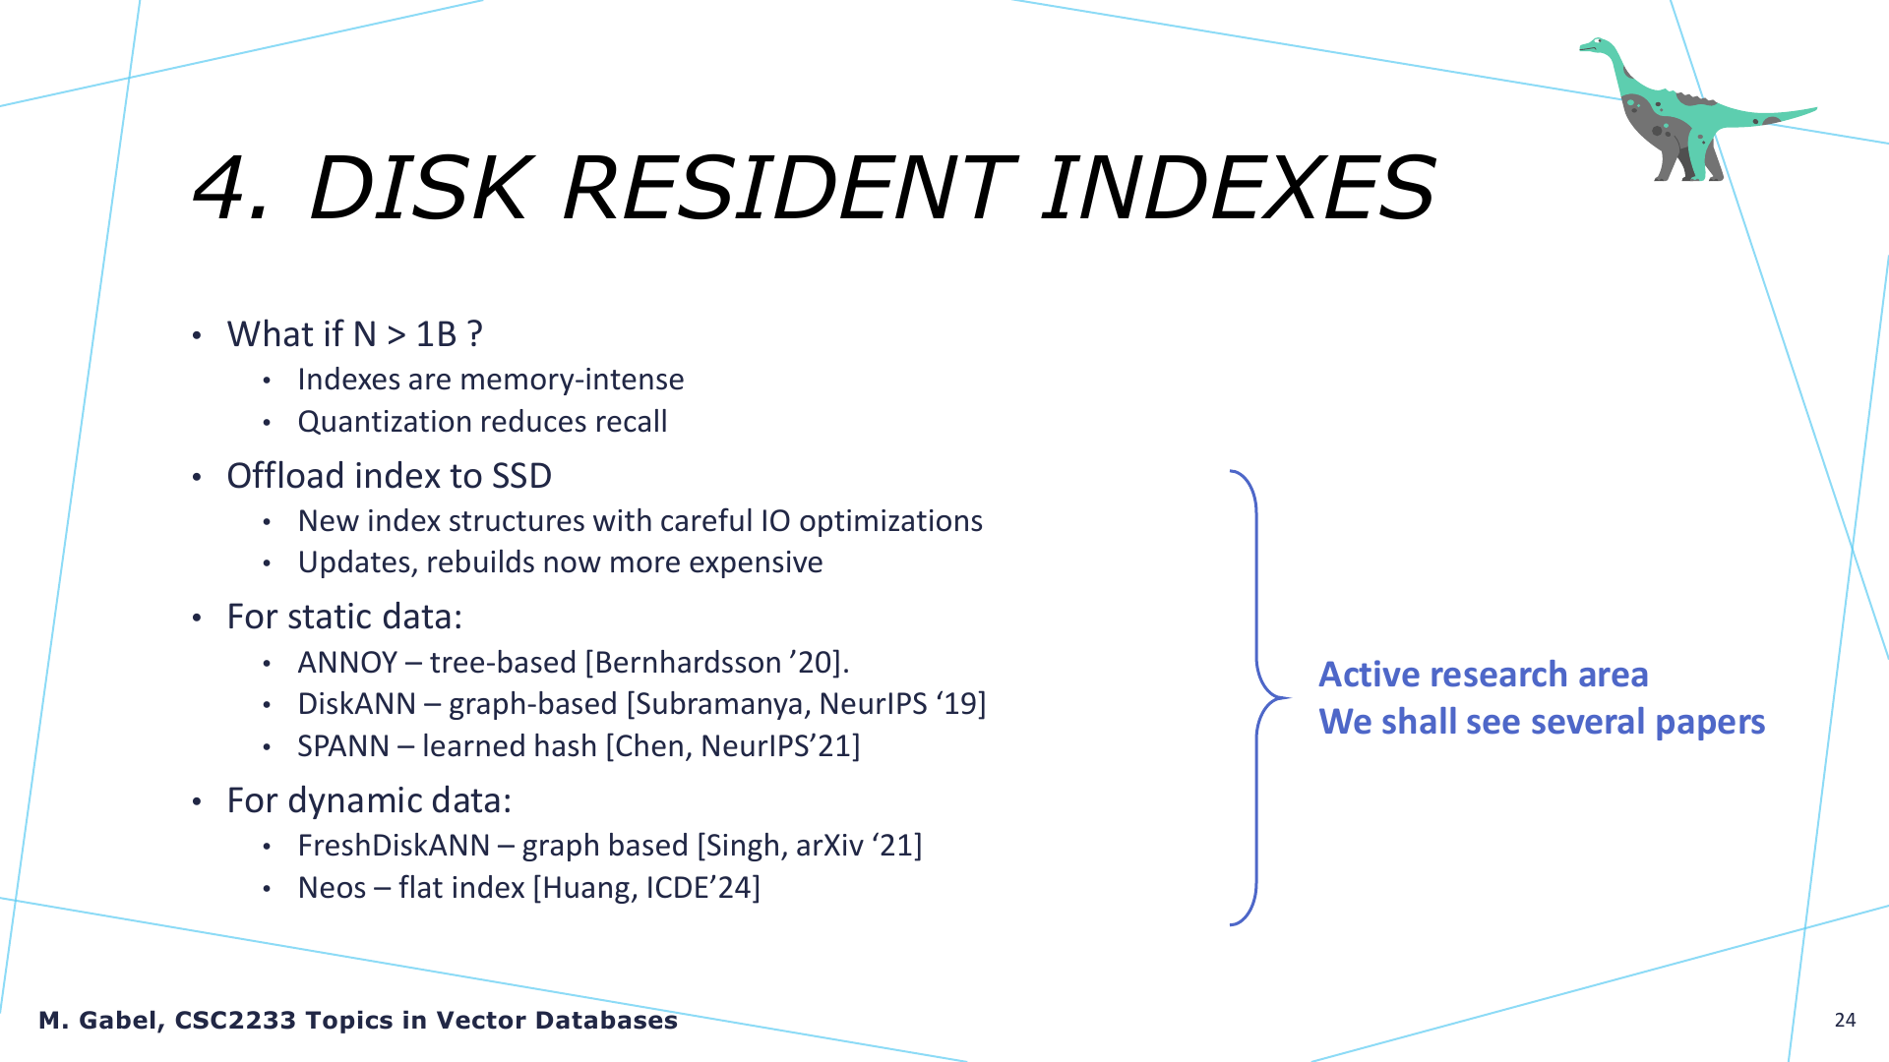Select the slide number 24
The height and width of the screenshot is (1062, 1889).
point(1845,1020)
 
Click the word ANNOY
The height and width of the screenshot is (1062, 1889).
point(347,663)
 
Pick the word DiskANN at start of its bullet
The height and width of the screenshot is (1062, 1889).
point(357,704)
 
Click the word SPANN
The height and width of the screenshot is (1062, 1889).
point(343,746)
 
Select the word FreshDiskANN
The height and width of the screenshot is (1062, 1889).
point(394,846)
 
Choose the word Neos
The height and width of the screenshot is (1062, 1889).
point(332,888)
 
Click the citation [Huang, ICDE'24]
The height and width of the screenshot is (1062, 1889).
point(646,888)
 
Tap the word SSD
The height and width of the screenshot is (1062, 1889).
point(521,476)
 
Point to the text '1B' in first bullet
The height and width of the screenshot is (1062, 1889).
point(436,334)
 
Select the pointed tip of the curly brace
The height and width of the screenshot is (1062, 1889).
point(1289,698)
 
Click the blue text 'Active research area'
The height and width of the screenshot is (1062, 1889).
point(1483,675)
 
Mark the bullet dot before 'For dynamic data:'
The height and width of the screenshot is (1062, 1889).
point(197,802)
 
